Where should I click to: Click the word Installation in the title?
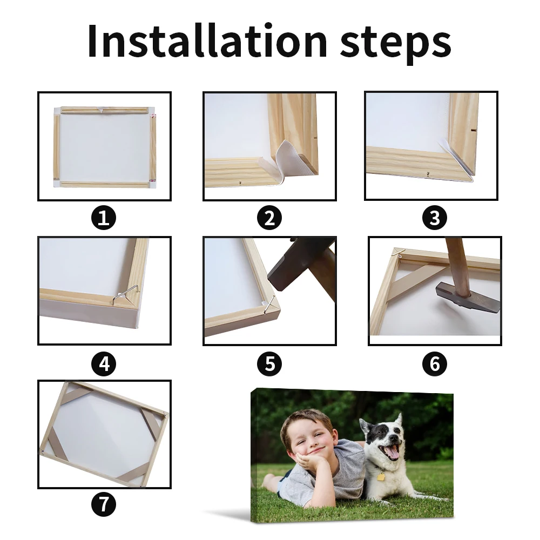tap(207, 40)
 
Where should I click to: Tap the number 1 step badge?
tap(104, 218)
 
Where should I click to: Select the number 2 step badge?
tap(269, 218)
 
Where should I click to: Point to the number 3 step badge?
tap(435, 218)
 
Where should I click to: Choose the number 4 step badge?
tap(104, 363)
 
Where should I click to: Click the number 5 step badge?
tap(269, 363)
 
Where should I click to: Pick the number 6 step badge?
tap(435, 363)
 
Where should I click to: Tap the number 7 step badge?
tap(104, 504)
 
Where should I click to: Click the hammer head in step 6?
tap(468, 298)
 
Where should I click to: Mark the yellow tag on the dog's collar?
tap(381, 477)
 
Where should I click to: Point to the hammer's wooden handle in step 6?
tap(458, 266)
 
